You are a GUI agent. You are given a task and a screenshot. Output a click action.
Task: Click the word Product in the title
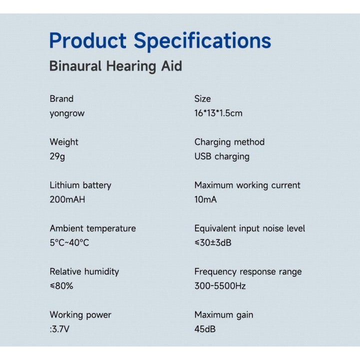(x=87, y=40)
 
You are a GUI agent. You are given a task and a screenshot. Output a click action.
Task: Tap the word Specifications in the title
(x=202, y=42)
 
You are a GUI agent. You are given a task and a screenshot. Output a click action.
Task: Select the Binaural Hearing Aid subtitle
(x=115, y=66)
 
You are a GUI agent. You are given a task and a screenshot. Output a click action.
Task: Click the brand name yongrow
(x=67, y=113)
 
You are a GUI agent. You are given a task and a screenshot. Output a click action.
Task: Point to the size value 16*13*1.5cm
(x=218, y=113)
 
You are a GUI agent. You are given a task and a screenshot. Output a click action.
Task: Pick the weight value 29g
(x=57, y=156)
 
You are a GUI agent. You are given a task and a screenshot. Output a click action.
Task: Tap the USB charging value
(x=222, y=156)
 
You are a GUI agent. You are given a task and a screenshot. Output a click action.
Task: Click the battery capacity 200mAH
(x=67, y=199)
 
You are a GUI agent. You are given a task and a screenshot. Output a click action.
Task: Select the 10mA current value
(x=205, y=199)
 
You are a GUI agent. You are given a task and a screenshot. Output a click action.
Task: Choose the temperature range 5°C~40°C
(x=69, y=242)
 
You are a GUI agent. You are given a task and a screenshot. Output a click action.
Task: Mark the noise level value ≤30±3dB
(x=213, y=242)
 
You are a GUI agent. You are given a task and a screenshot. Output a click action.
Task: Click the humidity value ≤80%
(x=61, y=286)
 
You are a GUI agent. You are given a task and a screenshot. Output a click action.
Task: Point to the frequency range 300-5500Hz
(x=220, y=286)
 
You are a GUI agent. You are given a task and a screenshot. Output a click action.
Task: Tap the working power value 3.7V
(x=60, y=329)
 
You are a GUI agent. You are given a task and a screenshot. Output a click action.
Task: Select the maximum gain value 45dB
(x=205, y=329)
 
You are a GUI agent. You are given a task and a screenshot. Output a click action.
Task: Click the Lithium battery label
(x=80, y=185)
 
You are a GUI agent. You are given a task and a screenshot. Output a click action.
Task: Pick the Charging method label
(x=229, y=142)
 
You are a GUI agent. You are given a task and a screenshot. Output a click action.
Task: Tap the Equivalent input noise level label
(x=249, y=228)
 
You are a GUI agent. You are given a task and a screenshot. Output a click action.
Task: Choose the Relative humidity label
(x=84, y=271)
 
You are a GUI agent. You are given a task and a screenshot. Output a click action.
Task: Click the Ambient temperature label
(x=93, y=228)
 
